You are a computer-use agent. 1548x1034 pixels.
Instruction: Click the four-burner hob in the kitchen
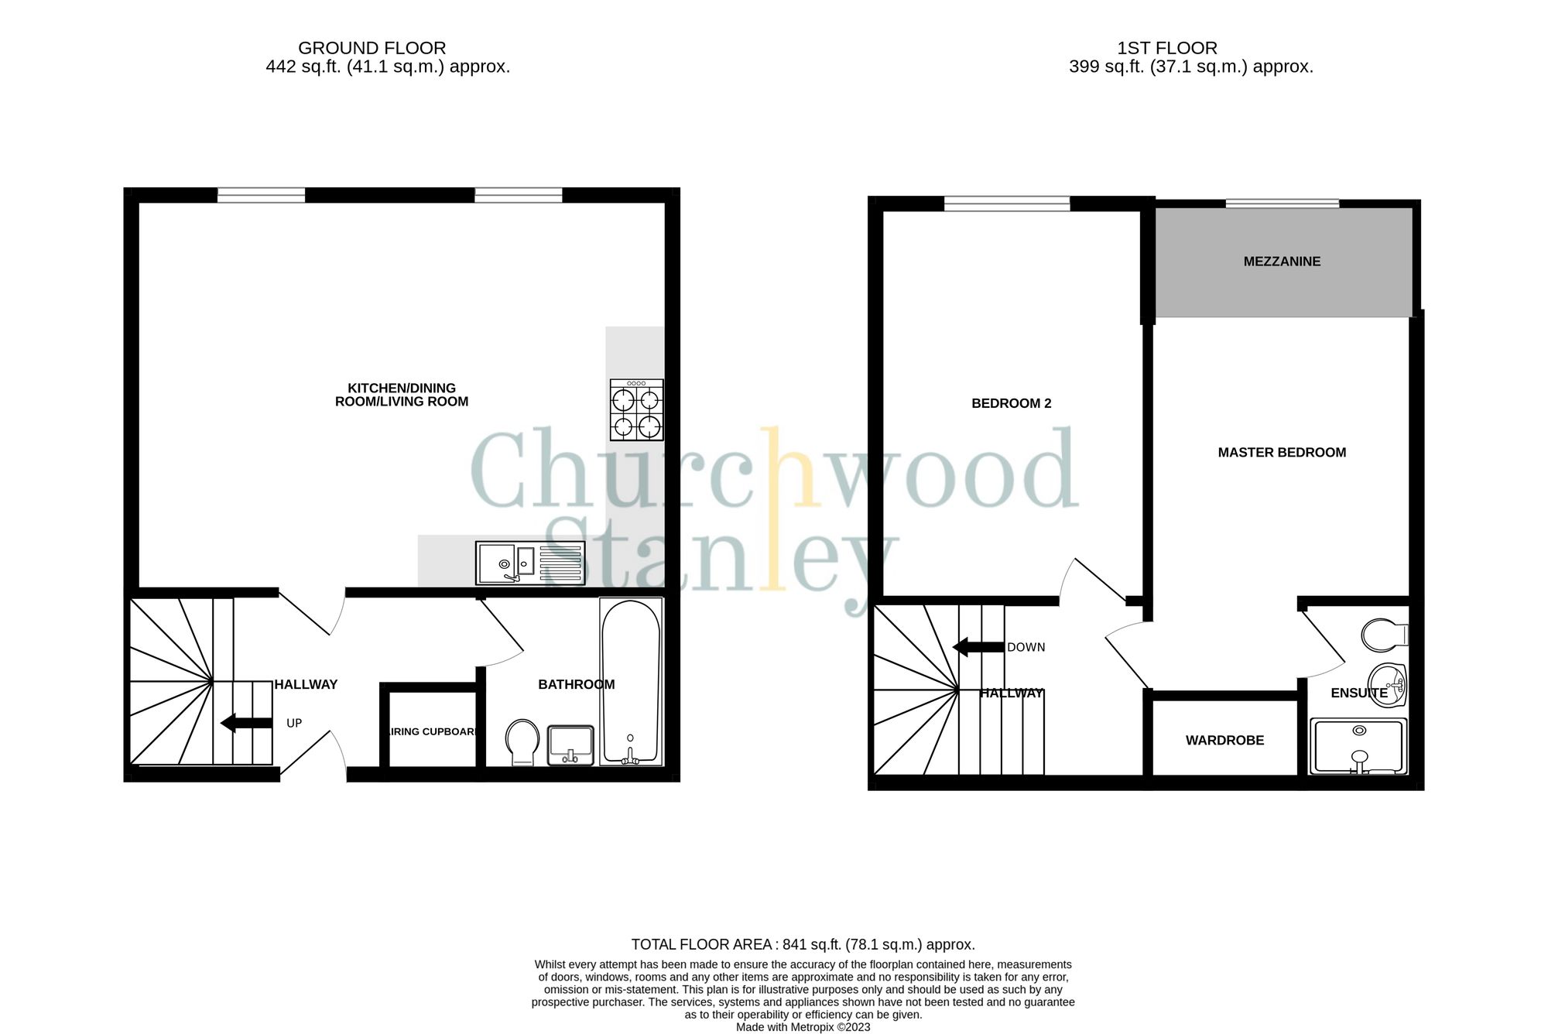pos(636,409)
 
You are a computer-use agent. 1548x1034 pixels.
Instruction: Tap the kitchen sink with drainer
pos(530,563)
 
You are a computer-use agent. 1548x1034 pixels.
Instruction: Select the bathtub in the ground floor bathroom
pos(631,681)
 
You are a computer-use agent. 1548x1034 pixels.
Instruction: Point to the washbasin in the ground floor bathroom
pos(570,745)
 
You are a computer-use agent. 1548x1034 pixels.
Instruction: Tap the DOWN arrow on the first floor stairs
pos(978,647)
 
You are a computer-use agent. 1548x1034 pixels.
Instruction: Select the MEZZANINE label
pos(1282,262)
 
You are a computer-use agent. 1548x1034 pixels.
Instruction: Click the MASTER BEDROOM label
pos(1282,453)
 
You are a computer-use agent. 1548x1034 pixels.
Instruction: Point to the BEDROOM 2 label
pos(1011,403)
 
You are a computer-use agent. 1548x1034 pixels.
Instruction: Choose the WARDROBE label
pos(1224,741)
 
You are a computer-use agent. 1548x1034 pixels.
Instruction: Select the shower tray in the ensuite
pos(1358,746)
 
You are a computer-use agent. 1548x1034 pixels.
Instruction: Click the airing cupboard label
pos(432,731)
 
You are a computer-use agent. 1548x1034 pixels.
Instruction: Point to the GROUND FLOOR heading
pos(372,48)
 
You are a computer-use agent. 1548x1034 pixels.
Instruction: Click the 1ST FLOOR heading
pos(1167,48)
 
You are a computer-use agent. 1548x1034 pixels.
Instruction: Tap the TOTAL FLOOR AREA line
pos(803,944)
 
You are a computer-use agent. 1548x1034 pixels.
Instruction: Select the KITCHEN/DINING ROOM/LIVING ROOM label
pos(402,395)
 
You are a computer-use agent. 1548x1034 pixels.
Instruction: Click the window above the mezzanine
pos(1282,204)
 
